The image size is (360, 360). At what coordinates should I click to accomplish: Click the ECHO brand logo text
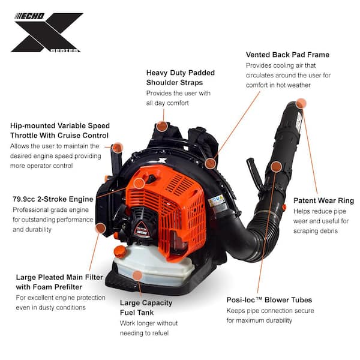29,16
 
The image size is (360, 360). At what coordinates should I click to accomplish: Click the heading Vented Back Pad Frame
287,55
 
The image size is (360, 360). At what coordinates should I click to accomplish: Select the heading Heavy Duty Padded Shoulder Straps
180,77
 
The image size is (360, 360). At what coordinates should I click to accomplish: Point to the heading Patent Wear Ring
323,200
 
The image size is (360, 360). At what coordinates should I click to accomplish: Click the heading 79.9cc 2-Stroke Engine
53,199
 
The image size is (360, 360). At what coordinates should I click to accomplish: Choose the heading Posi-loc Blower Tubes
269,300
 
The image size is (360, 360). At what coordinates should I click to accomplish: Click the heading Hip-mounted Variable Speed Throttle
60,130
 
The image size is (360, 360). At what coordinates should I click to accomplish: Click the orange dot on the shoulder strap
162,126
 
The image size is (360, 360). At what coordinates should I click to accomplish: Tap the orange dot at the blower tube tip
301,103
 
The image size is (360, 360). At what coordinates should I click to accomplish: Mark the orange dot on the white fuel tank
137,275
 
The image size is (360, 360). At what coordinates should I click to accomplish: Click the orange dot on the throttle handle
118,148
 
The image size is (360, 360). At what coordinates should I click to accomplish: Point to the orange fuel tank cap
120,251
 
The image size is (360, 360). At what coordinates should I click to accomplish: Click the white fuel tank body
156,264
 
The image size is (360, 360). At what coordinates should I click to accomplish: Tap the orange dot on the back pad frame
210,163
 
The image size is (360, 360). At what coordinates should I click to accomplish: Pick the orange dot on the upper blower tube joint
276,167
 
